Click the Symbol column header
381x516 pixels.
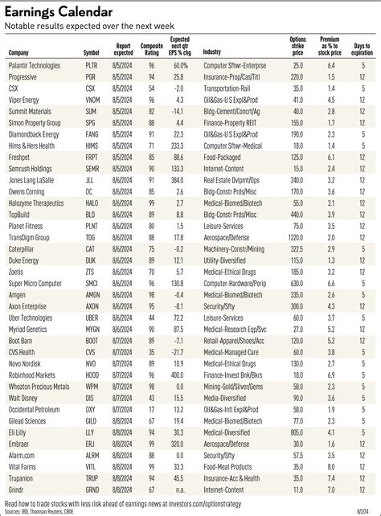tap(92, 52)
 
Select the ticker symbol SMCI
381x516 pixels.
tap(92, 284)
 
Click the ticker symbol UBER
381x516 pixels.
tap(91, 317)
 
